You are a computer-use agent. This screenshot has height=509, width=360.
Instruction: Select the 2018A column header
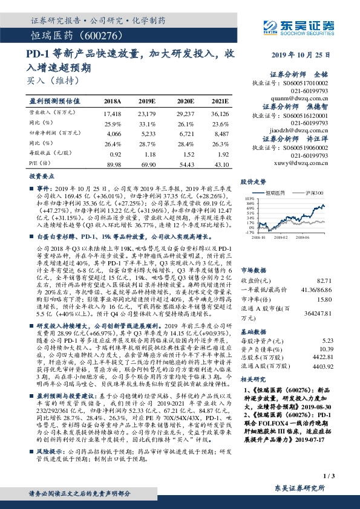[x=113, y=101]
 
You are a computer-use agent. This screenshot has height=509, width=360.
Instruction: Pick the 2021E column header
[x=220, y=101]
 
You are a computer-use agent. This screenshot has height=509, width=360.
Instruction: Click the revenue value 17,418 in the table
[x=113, y=113]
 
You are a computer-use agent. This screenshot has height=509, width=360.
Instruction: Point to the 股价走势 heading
[x=253, y=182]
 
